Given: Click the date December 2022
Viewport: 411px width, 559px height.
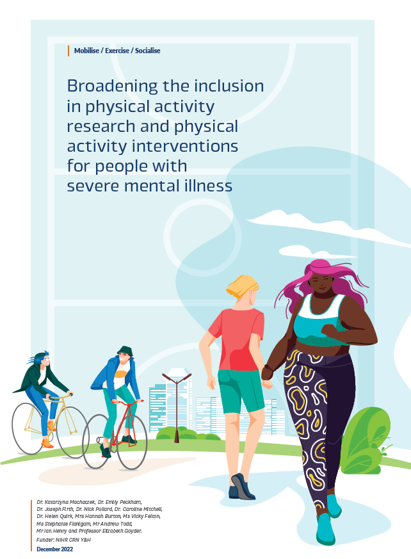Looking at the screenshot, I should point(54,549).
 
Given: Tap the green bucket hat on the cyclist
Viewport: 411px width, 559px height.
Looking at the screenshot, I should point(125,351).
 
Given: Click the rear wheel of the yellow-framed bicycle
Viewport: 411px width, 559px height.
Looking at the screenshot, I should point(28,428).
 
